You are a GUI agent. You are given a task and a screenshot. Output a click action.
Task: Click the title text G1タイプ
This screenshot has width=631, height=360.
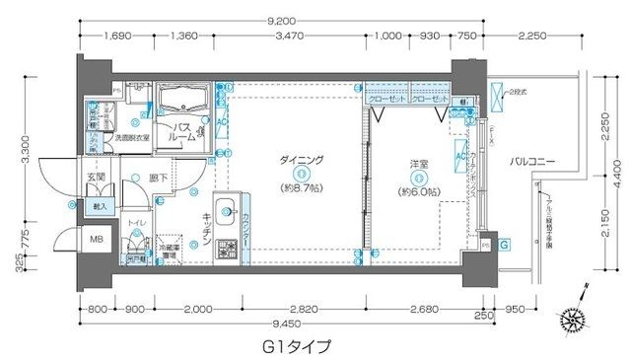pos(296,346)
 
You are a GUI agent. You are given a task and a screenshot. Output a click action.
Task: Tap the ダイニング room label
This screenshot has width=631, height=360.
pos(292,159)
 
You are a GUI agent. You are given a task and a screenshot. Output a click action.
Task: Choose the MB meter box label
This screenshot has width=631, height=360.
pos(99,239)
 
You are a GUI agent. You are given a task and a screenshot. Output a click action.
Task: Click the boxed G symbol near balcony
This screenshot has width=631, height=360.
pos(504,245)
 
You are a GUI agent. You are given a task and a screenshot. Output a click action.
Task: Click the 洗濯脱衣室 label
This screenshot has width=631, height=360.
pos(132,138)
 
